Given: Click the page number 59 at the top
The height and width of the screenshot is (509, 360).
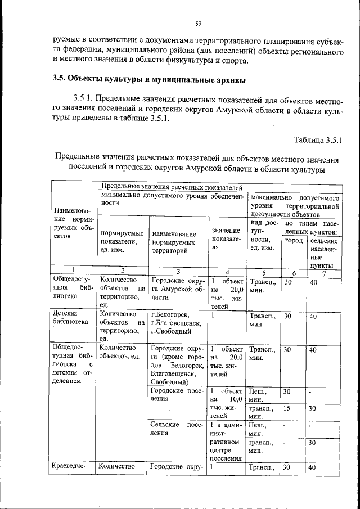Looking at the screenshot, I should tap(198, 24).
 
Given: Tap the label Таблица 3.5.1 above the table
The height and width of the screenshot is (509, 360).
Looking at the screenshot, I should tap(318, 139).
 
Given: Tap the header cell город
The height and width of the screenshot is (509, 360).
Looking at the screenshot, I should tap(294, 240).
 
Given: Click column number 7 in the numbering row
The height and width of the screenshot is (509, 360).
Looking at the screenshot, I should tap(323, 274).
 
